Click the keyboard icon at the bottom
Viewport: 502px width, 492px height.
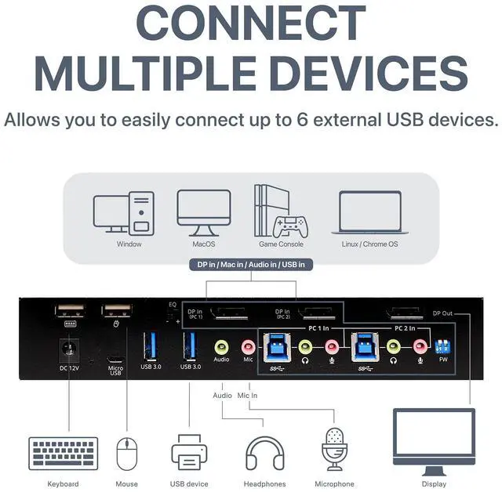(x=64, y=453)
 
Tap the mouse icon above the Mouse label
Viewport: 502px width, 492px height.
(x=126, y=454)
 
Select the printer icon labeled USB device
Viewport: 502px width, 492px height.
(x=188, y=452)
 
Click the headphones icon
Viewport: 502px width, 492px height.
(x=264, y=453)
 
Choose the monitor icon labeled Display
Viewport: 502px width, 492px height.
(x=434, y=441)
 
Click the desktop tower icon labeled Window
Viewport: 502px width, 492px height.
(x=129, y=212)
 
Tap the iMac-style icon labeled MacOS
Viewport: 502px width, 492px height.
(x=203, y=212)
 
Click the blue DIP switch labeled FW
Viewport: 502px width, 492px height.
(x=443, y=345)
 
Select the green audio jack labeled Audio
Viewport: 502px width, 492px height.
(x=221, y=344)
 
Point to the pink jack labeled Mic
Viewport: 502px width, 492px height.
(x=248, y=344)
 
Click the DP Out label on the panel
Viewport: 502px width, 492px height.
(x=443, y=313)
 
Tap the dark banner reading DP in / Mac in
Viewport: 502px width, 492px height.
(x=250, y=265)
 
